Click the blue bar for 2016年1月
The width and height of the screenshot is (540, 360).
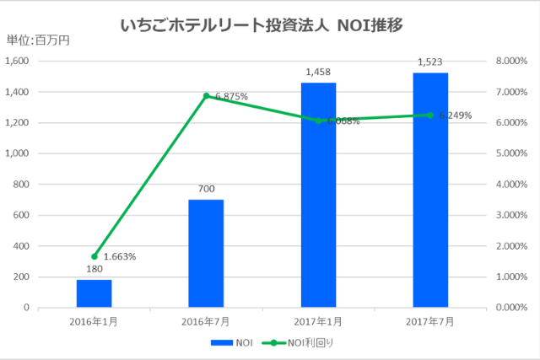pyautogui.click(x=94, y=293)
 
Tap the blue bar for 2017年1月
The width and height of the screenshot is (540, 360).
pyautogui.click(x=318, y=195)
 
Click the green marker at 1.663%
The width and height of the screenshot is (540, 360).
pyautogui.click(x=94, y=256)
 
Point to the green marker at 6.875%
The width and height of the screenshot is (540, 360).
pyautogui.click(x=206, y=96)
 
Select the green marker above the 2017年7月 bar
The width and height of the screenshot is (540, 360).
pyautogui.click(x=430, y=116)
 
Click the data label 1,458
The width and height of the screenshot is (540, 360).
pyautogui.click(x=318, y=73)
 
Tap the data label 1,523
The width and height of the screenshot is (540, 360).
pyautogui.click(x=430, y=62)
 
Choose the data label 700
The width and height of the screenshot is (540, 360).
pyautogui.click(x=206, y=190)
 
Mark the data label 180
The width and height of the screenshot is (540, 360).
pyautogui.click(x=94, y=270)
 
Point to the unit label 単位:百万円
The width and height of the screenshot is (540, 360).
pyautogui.click(x=38, y=40)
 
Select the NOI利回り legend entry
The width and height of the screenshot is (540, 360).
pyautogui.click(x=295, y=342)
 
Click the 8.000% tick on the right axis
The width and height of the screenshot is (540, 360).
pyautogui.click(x=512, y=61)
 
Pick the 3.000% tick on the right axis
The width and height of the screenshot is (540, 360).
pyautogui.click(x=512, y=215)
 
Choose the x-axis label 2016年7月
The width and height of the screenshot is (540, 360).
pyautogui.click(x=206, y=321)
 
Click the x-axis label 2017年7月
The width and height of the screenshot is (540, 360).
pyautogui.click(x=430, y=321)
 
